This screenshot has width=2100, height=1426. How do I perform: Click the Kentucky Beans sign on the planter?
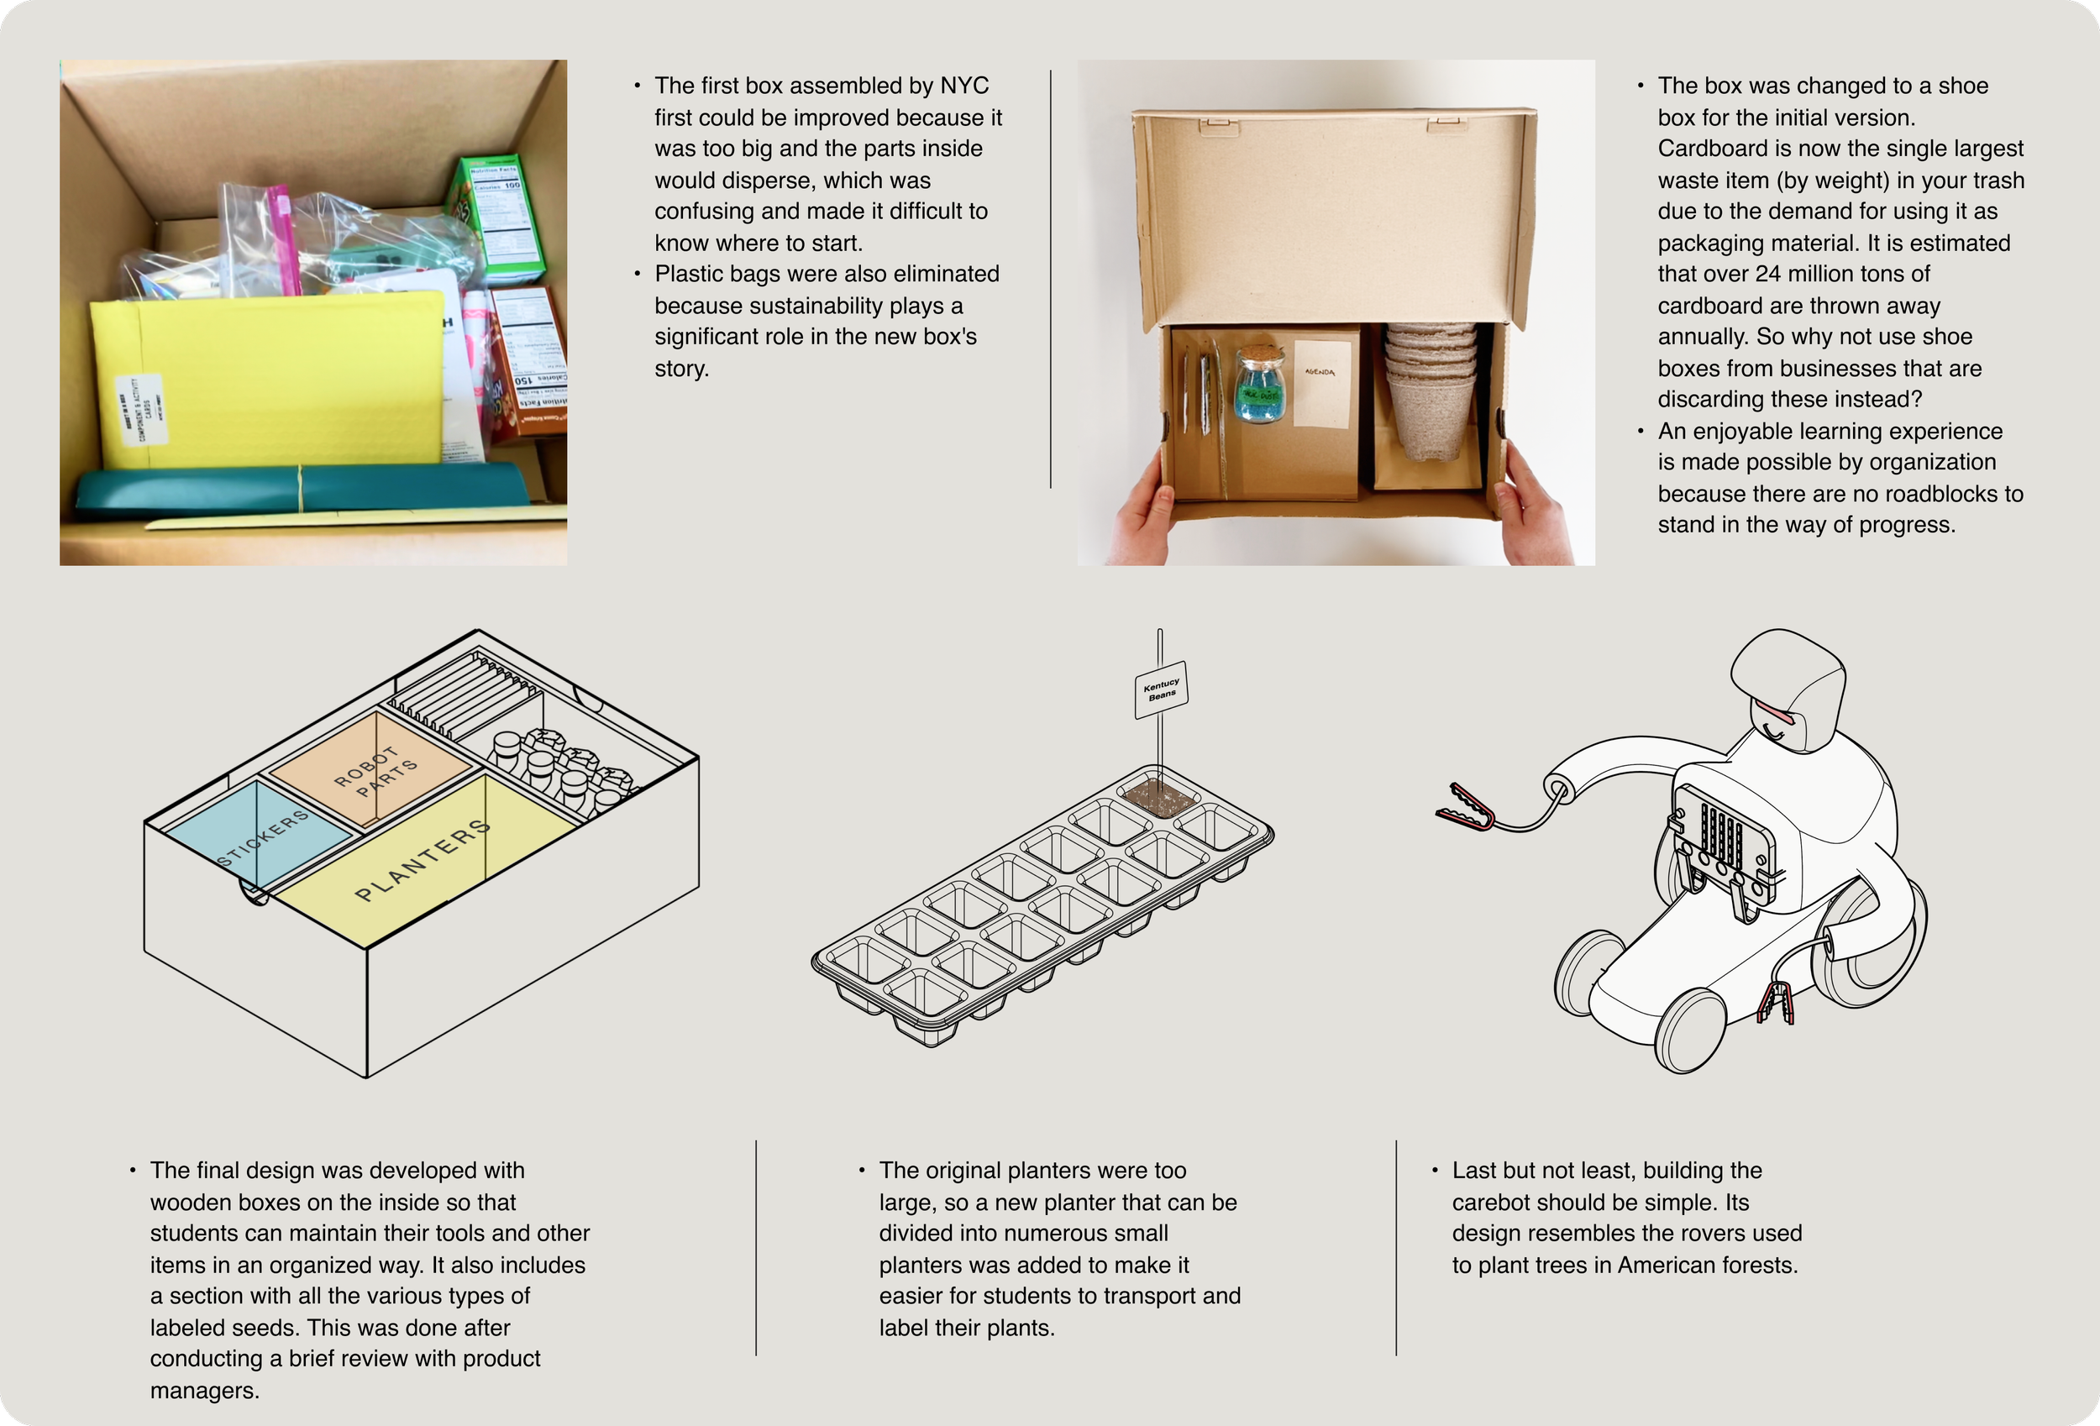[1161, 689]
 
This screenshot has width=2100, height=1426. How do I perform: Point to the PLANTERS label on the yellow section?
[423, 860]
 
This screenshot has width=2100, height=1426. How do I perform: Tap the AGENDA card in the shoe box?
[1320, 382]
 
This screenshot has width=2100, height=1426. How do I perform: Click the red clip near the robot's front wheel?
[1776, 1004]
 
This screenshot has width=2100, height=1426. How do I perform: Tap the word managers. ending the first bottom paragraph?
[204, 1391]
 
